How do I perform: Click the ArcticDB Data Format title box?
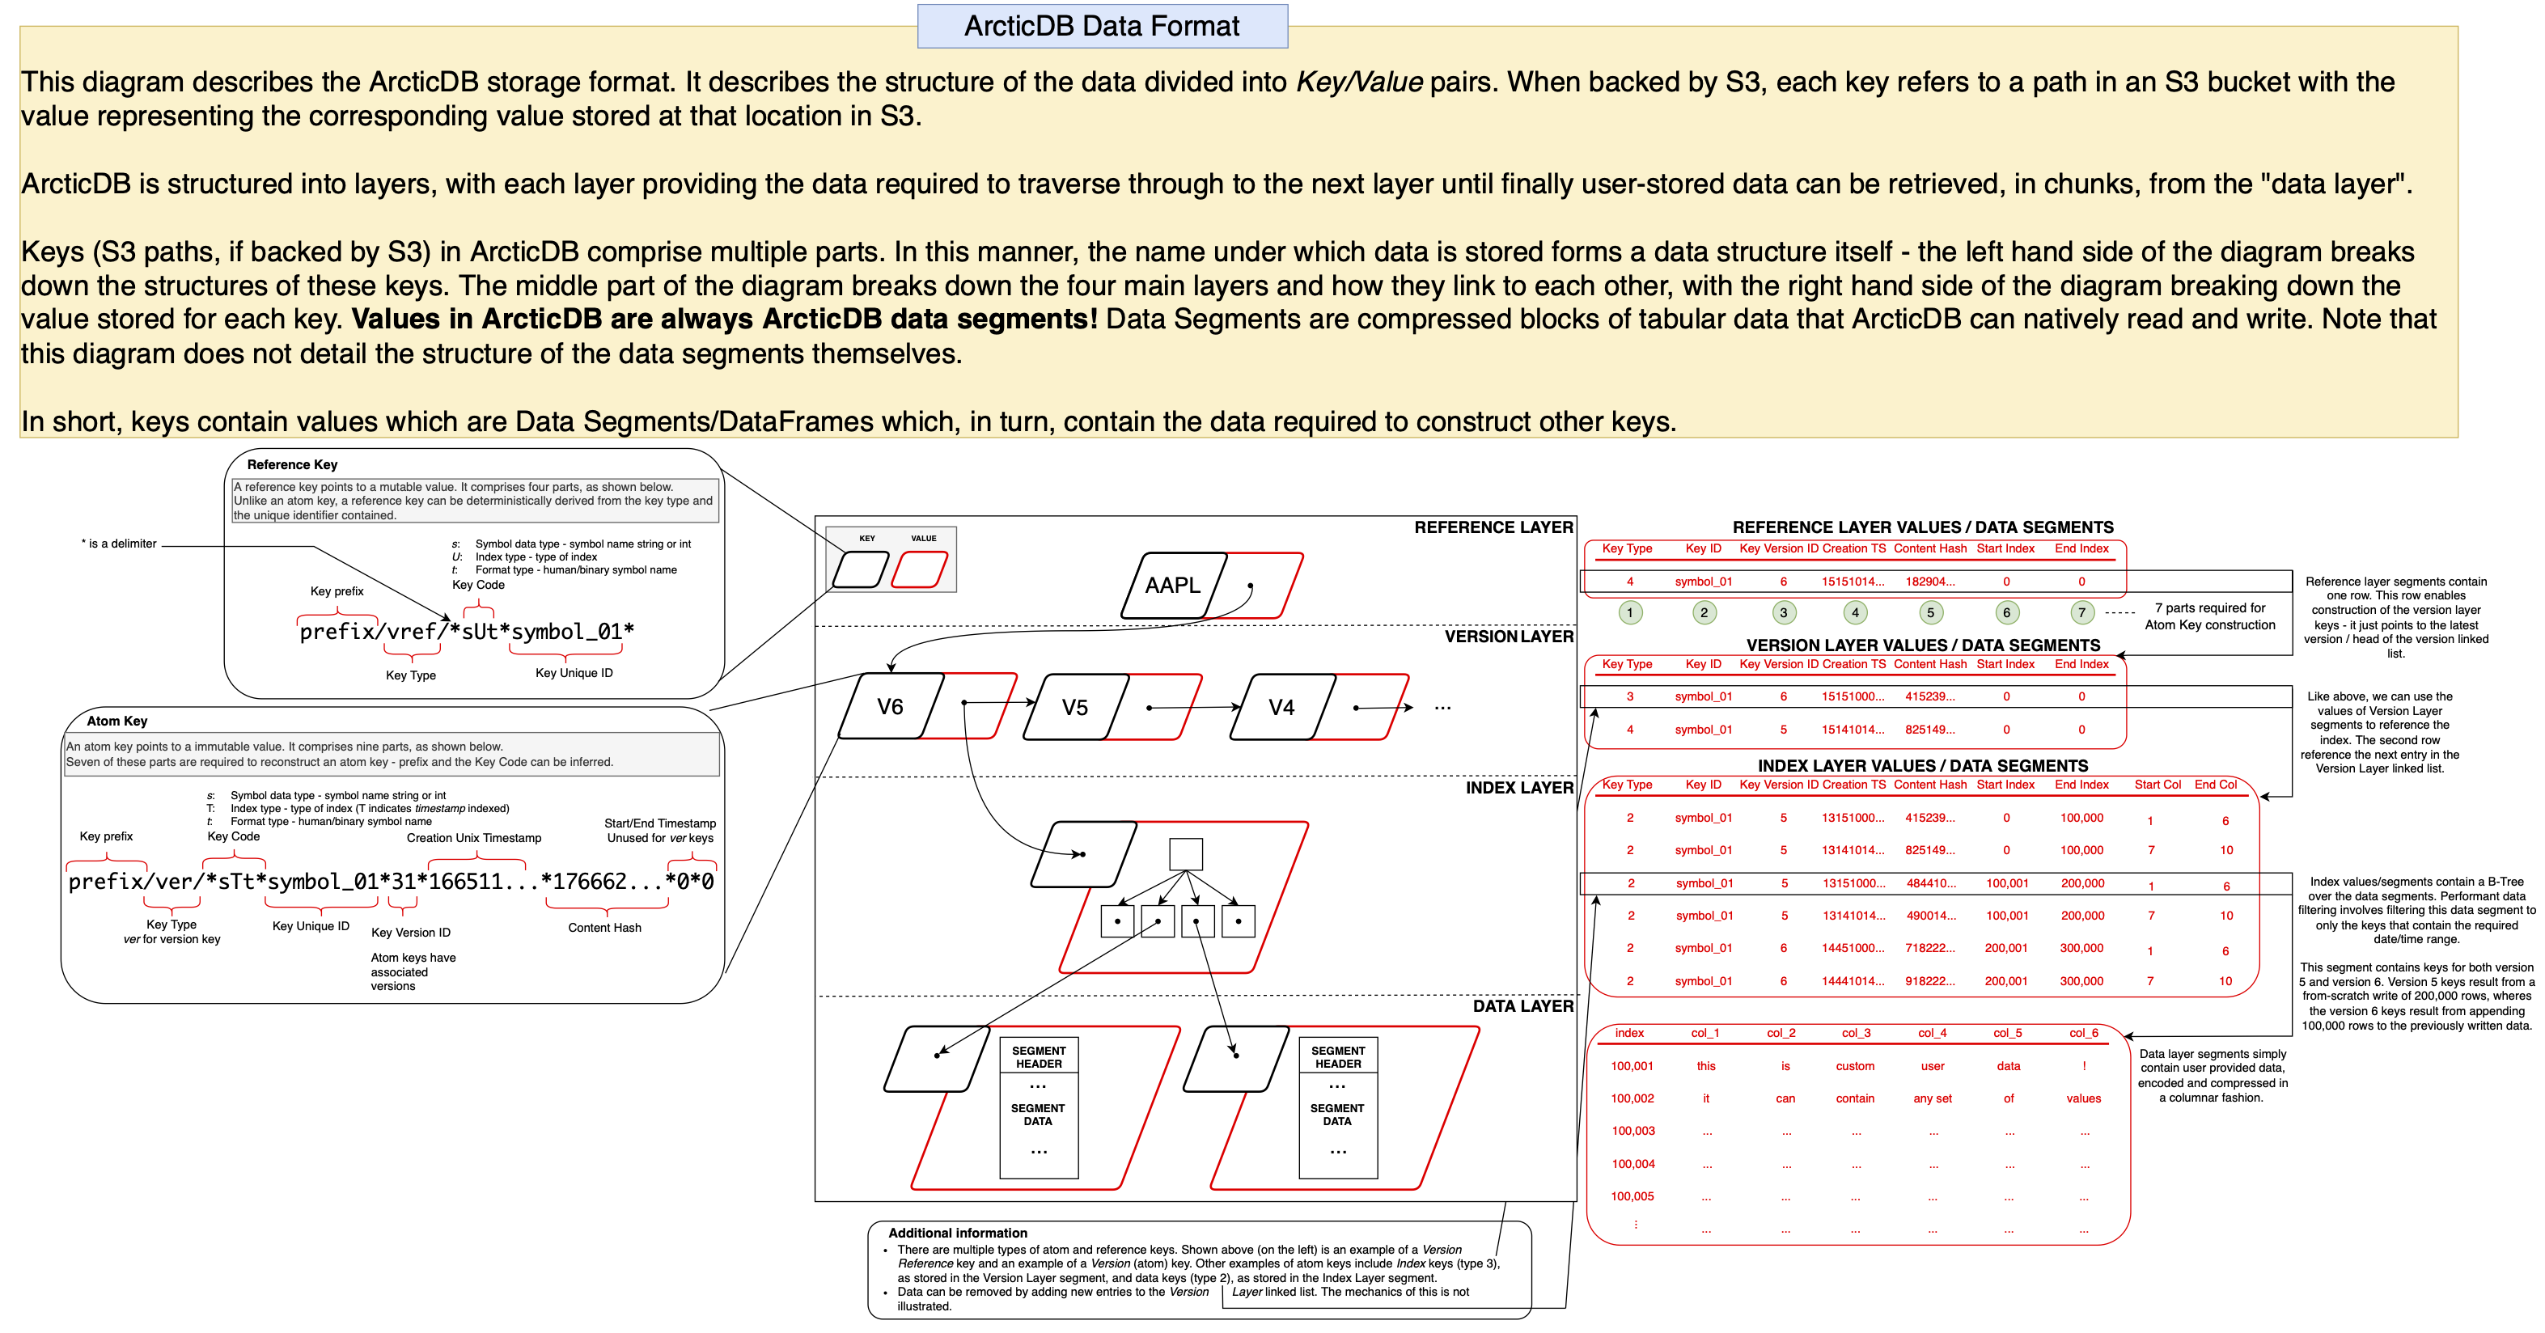[1102, 26]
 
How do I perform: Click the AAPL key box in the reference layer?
[1173, 585]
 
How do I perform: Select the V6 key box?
[890, 706]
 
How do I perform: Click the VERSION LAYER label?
[1509, 637]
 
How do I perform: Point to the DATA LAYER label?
[1522, 1006]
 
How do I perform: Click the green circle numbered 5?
[1930, 612]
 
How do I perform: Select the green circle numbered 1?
[1630, 612]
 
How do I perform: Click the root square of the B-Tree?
[1186, 854]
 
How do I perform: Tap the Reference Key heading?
[291, 464]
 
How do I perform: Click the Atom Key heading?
[116, 722]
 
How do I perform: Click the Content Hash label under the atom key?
[603, 928]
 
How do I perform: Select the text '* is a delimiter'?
[119, 544]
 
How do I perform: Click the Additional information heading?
[956, 1234]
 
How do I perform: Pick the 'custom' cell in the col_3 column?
[1854, 1066]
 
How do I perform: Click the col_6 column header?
[2084, 1033]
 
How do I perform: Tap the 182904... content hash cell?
[1929, 582]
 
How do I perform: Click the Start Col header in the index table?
[2157, 785]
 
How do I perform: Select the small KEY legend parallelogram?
[860, 570]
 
